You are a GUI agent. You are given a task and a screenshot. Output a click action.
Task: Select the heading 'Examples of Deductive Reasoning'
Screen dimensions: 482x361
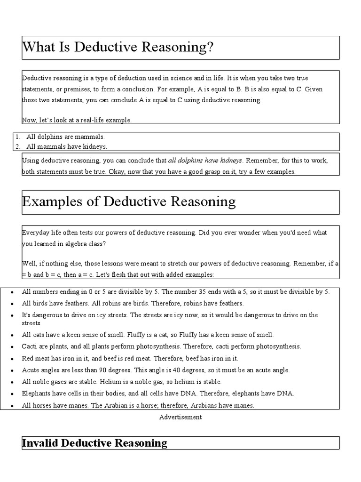[x=129, y=202]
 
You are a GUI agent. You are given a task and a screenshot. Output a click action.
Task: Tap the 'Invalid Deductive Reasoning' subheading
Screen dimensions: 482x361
[x=94, y=443]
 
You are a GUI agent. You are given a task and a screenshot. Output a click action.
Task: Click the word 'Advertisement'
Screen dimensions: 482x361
[x=180, y=417]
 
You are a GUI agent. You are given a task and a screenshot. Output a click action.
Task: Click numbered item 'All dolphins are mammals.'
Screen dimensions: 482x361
[x=65, y=137]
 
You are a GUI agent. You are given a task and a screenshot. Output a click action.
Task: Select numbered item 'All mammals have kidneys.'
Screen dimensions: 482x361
[x=67, y=146]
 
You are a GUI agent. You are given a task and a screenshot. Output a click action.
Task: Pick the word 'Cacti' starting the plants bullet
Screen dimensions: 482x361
[x=29, y=346]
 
